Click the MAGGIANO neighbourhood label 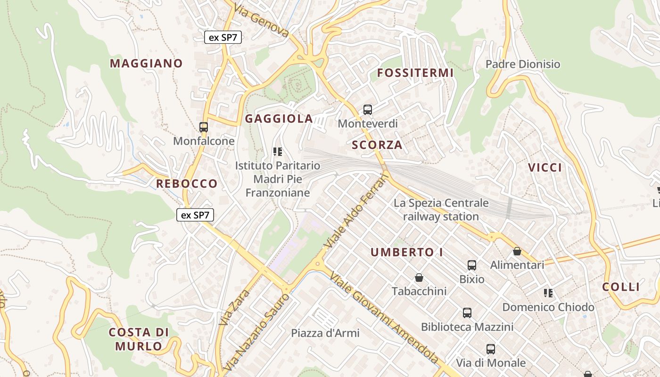point(146,63)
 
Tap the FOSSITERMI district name point(415,73)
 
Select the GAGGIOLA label point(279,119)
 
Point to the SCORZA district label point(377,145)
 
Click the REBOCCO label point(187,184)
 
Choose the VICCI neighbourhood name point(545,167)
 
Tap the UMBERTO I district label point(406,252)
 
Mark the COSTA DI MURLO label point(139,339)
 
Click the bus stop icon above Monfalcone point(204,127)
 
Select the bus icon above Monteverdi point(368,110)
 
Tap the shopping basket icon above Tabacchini point(419,278)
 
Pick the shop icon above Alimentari point(517,251)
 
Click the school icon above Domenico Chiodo point(548,293)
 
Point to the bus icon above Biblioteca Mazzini point(467,312)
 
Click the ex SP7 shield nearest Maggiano point(223,38)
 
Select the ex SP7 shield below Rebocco point(195,215)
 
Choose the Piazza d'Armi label point(325,333)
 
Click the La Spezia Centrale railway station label point(441,210)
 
